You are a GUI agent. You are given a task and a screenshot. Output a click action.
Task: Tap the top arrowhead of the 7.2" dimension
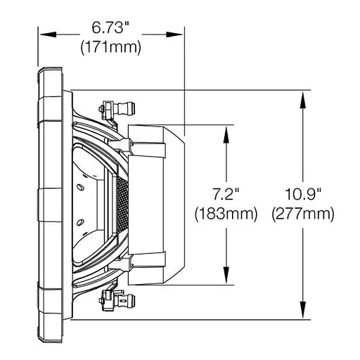pos(226,131)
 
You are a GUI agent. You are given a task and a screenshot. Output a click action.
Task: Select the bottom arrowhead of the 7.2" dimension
pos(226,279)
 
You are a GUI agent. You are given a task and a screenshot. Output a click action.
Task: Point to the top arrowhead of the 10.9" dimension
pos(303,96)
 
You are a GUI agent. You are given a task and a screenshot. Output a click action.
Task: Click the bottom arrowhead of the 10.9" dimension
pos(303,314)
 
